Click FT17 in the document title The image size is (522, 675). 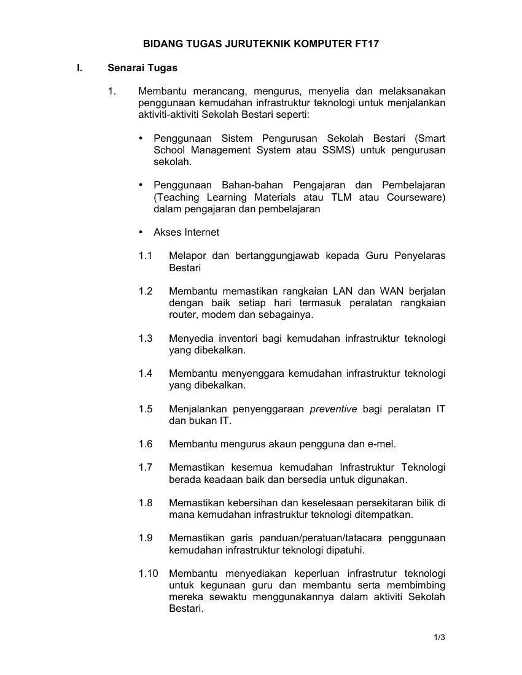(375, 44)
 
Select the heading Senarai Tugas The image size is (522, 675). (142, 67)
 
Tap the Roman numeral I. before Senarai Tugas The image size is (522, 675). (79, 67)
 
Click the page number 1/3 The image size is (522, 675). (439, 637)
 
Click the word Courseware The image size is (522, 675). (416, 197)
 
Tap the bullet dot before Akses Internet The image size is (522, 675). (141, 232)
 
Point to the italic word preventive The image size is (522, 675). (333, 409)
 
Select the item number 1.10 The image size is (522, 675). (148, 574)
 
